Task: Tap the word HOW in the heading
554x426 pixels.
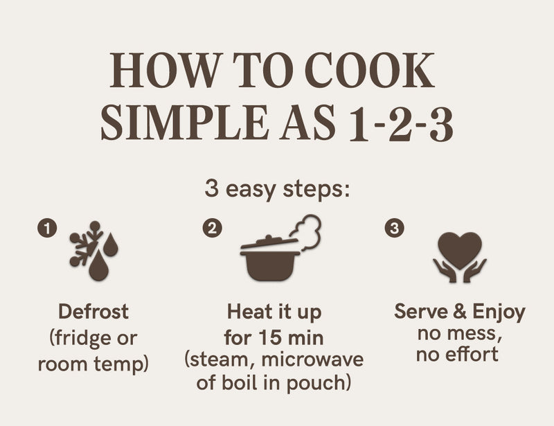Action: point(166,70)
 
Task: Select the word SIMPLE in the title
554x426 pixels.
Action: point(184,122)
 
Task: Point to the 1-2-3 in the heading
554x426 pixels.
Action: point(401,123)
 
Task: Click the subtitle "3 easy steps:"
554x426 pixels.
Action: point(278,190)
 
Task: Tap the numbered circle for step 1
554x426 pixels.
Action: point(47,228)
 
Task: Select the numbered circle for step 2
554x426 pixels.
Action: point(213,228)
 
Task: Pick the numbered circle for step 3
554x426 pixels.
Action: point(394,228)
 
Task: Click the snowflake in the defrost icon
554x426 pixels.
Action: point(84,244)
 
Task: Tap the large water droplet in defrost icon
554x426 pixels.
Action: point(98,266)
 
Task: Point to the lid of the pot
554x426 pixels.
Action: point(269,242)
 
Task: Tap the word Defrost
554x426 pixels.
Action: point(93,312)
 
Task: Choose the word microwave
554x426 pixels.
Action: point(313,360)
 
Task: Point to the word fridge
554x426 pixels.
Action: point(81,338)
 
